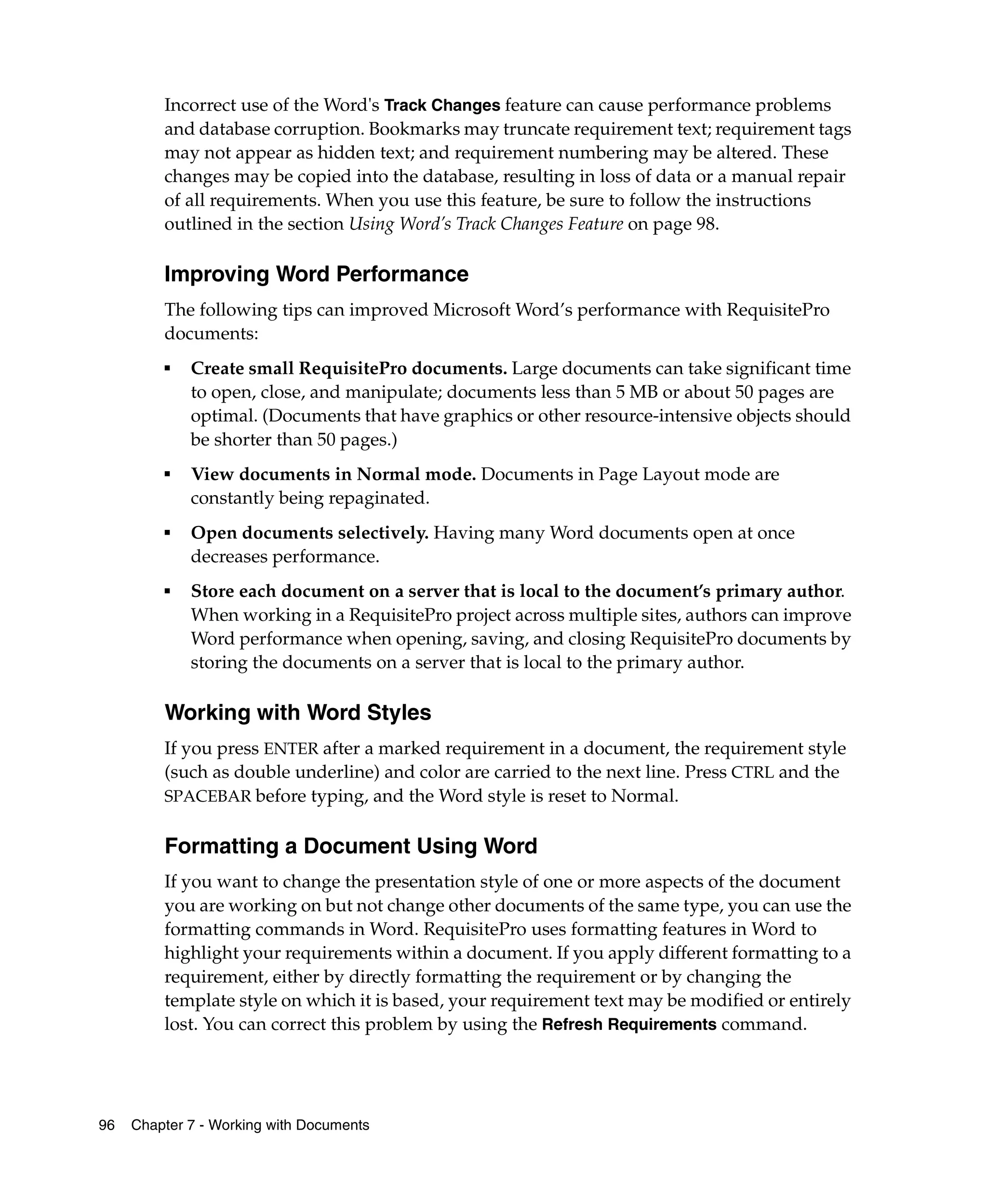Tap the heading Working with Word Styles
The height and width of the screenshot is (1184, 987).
pos(297,712)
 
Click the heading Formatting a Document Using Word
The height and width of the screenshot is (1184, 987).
pos(350,846)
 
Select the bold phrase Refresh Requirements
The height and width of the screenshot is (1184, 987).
pos(628,1024)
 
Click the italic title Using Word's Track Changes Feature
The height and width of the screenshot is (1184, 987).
pos(486,224)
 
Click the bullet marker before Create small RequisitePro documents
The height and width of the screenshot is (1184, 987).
pos(168,368)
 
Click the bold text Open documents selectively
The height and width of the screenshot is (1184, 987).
pos(309,532)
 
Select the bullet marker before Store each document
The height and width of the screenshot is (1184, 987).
pos(168,592)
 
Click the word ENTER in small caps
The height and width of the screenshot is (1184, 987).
pos(291,749)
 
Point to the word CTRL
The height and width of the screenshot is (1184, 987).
pos(752,773)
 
